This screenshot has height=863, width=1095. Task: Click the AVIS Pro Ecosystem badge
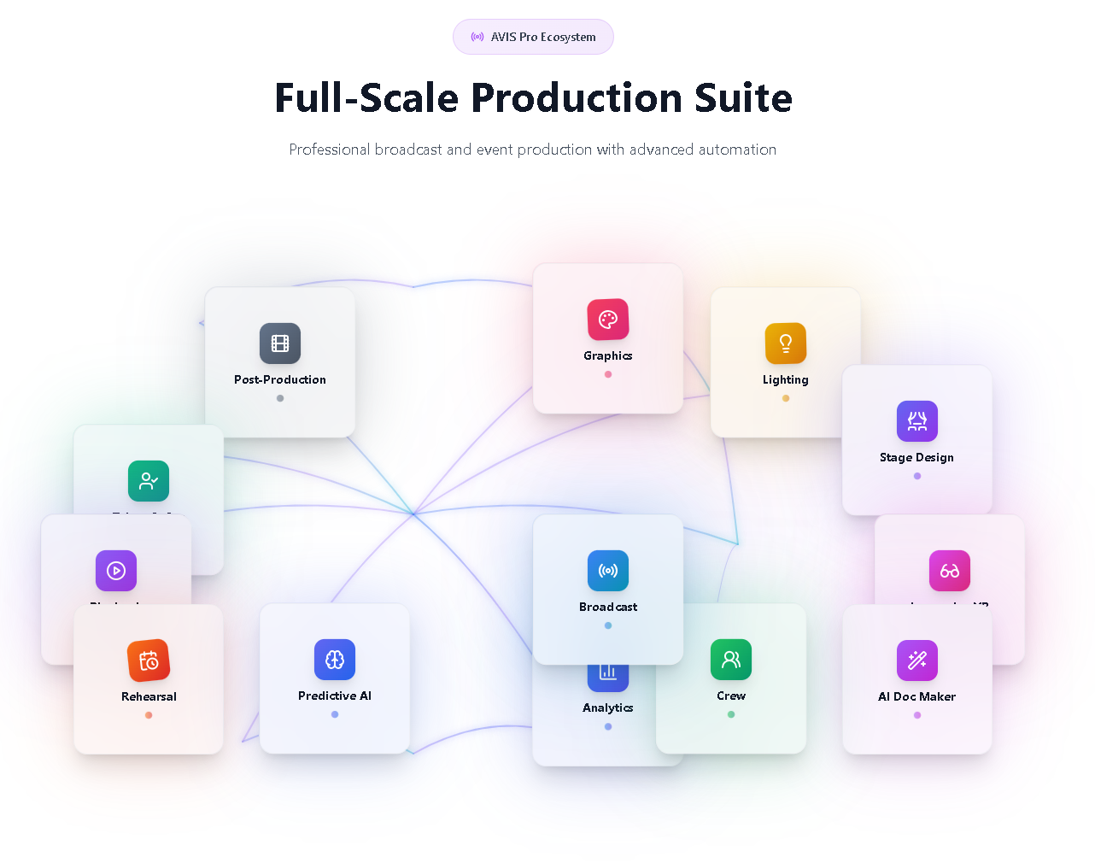pos(533,37)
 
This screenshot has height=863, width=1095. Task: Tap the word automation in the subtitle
pos(737,150)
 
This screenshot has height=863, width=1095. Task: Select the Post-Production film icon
pos(280,343)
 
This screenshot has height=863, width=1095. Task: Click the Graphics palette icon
pos(608,320)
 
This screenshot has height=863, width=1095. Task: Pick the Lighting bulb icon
pos(786,343)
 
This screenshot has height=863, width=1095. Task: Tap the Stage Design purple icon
pos(917,421)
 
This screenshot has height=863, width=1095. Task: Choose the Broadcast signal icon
pos(608,571)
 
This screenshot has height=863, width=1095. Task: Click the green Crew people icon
pos(731,660)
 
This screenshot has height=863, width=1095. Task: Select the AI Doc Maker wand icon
pos(917,660)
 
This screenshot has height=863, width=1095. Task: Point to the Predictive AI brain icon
pos(335,660)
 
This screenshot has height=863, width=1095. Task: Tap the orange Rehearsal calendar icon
pos(149,660)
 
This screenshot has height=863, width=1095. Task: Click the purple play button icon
pos(116,571)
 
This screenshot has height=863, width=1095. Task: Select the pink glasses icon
pos(950,571)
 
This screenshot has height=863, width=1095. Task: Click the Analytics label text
pos(608,708)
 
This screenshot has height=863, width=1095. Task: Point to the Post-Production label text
pos(280,379)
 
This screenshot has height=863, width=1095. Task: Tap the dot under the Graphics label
pos(608,374)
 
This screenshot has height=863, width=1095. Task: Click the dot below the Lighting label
pos(786,398)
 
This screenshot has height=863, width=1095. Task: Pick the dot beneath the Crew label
pos(731,714)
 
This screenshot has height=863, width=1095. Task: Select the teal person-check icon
pos(149,481)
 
